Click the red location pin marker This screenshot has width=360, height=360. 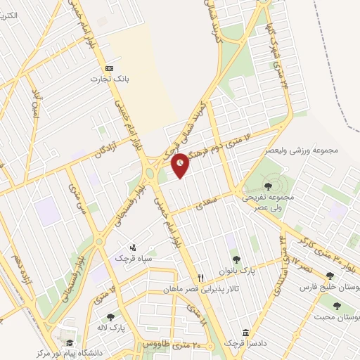(181, 163)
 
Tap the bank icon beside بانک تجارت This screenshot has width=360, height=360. (109, 68)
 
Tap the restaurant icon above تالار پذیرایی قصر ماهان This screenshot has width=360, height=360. (200, 278)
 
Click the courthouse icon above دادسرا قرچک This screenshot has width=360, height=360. (245, 333)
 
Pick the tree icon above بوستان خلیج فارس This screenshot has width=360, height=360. (330, 276)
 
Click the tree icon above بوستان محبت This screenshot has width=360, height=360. (337, 305)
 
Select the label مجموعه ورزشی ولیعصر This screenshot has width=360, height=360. (302, 150)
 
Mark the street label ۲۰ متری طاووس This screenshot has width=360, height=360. (172, 345)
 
